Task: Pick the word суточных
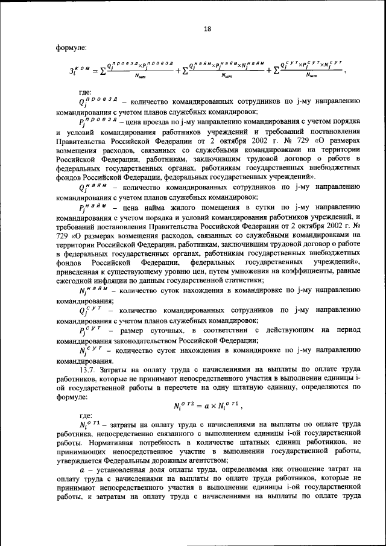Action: pos(169,331)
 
